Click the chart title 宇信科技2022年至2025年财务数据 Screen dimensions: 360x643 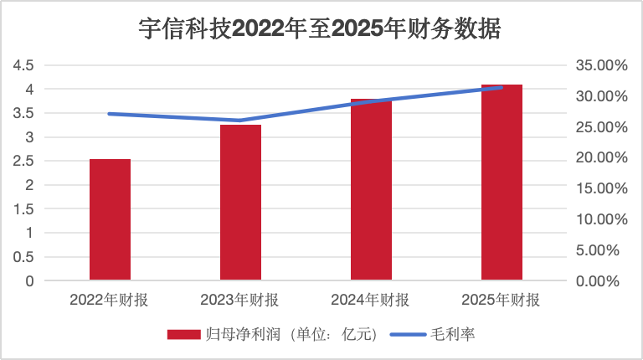pos(321,31)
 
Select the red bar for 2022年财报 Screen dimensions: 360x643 pos(110,219)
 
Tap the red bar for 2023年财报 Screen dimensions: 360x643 pos(241,203)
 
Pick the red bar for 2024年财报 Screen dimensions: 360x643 pos(371,189)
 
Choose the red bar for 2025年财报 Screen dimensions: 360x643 pos(502,183)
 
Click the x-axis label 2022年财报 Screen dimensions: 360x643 pos(110,300)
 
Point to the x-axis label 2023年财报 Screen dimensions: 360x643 pos(240,300)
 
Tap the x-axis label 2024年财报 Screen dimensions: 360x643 pos(371,300)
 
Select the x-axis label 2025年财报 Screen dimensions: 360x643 pos(502,300)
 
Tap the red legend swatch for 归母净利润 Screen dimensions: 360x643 pos(182,334)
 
